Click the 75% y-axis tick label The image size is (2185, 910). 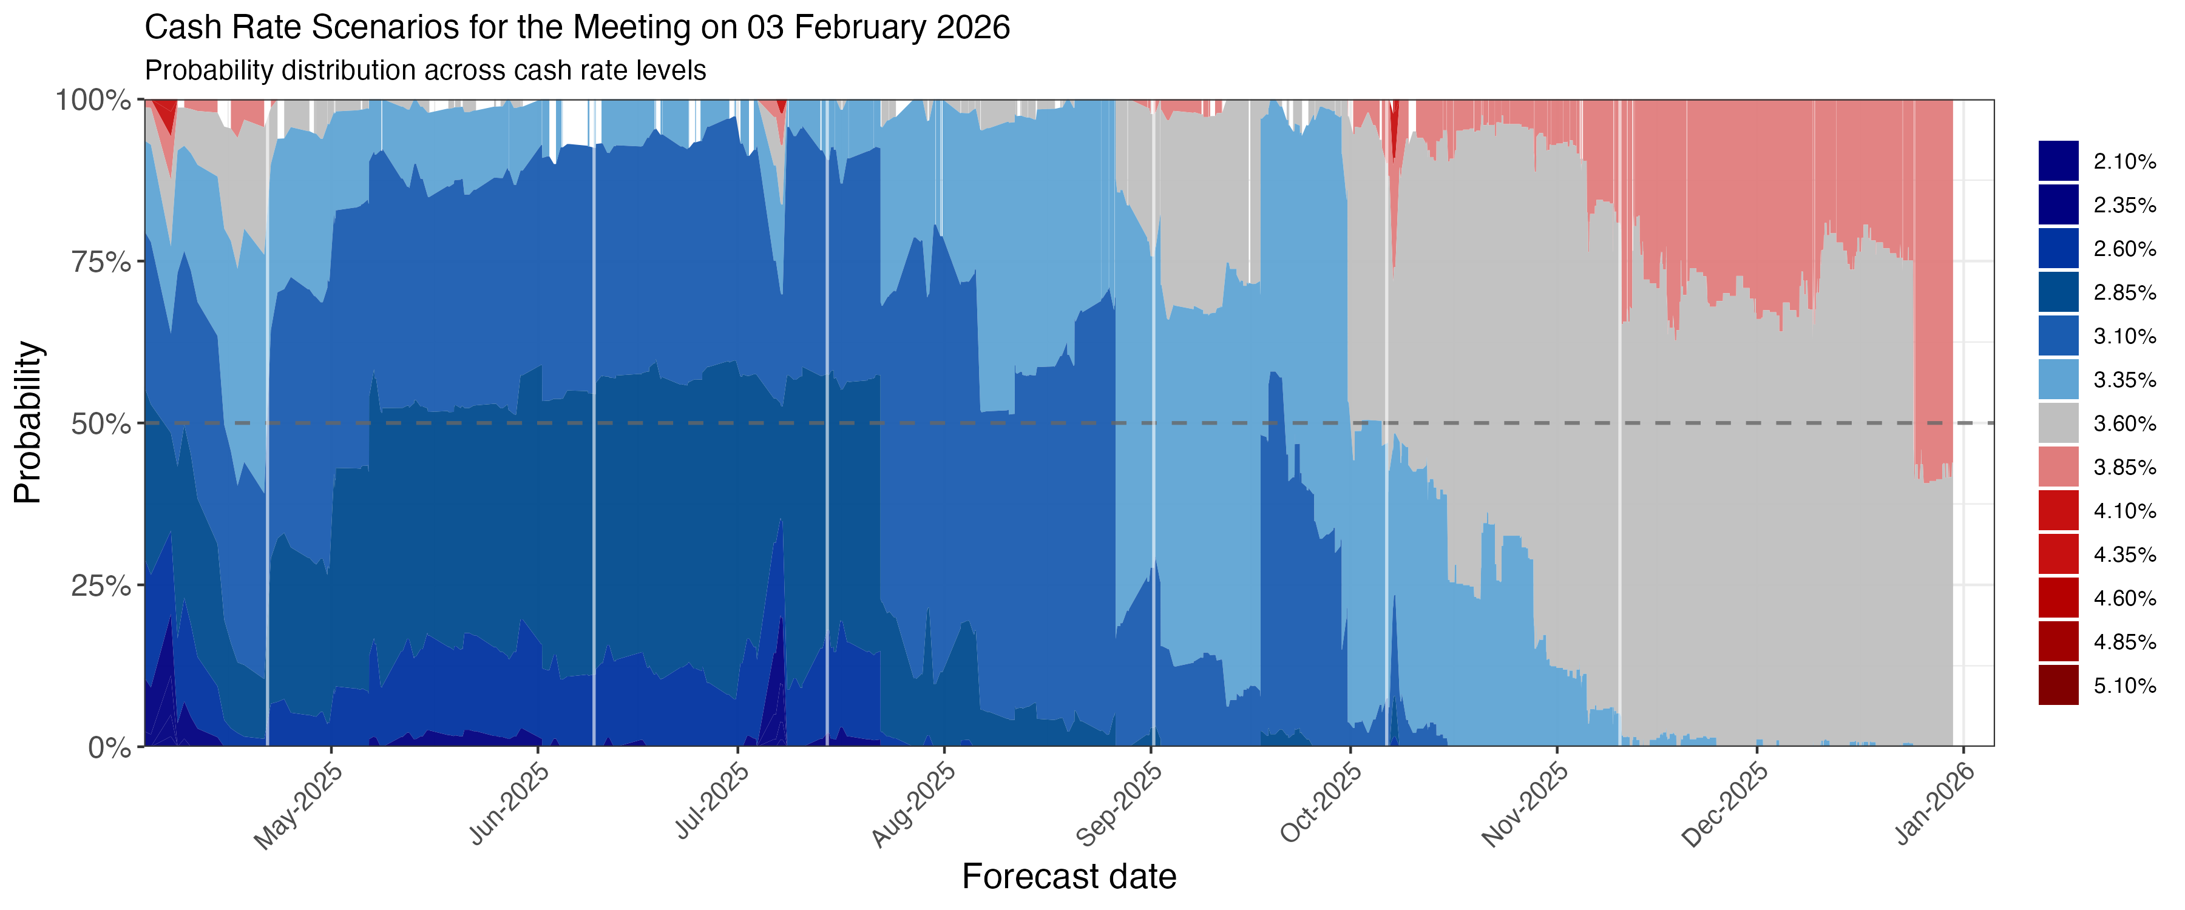coord(100,262)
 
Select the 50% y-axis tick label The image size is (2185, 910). coord(100,424)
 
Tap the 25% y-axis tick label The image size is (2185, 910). coord(100,586)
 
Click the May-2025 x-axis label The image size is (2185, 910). coord(299,806)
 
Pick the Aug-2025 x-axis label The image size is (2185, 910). coord(913,806)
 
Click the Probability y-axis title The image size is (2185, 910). coord(27,422)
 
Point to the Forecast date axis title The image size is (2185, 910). coord(1069,877)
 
